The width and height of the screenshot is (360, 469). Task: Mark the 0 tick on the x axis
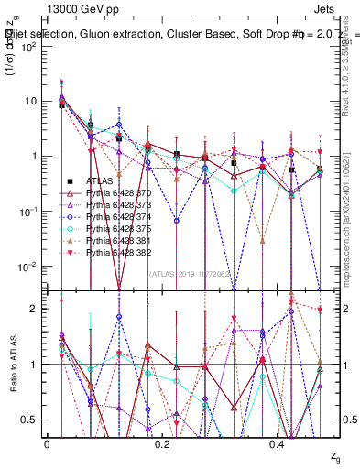[48, 444]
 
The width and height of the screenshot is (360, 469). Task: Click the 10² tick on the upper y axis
[30, 46]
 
